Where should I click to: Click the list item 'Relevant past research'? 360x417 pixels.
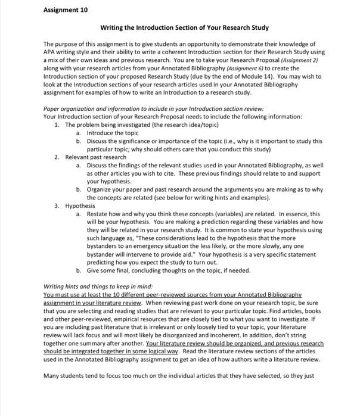(x=96, y=157)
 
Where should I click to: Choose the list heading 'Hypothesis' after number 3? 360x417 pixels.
(x=80, y=206)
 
